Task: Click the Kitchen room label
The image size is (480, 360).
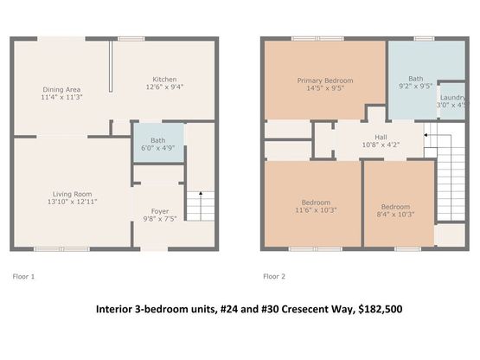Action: point(164,80)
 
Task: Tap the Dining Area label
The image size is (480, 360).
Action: point(61,90)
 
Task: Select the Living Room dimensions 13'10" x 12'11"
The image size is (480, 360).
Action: point(73,202)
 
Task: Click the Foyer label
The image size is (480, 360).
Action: point(160,211)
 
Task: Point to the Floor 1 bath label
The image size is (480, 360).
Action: point(158,141)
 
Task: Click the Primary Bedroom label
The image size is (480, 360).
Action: point(325,80)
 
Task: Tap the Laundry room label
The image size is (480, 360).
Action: point(453,98)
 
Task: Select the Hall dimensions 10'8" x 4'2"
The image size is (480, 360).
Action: point(381,145)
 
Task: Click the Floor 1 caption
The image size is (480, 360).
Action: point(23,276)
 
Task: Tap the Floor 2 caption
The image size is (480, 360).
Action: point(274,276)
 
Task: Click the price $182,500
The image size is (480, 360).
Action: point(381,309)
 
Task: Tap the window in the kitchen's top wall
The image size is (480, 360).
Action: point(131,39)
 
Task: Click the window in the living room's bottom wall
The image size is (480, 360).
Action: point(61,249)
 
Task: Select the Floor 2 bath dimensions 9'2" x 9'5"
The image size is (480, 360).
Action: point(416,87)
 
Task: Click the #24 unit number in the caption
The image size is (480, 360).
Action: point(229,309)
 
